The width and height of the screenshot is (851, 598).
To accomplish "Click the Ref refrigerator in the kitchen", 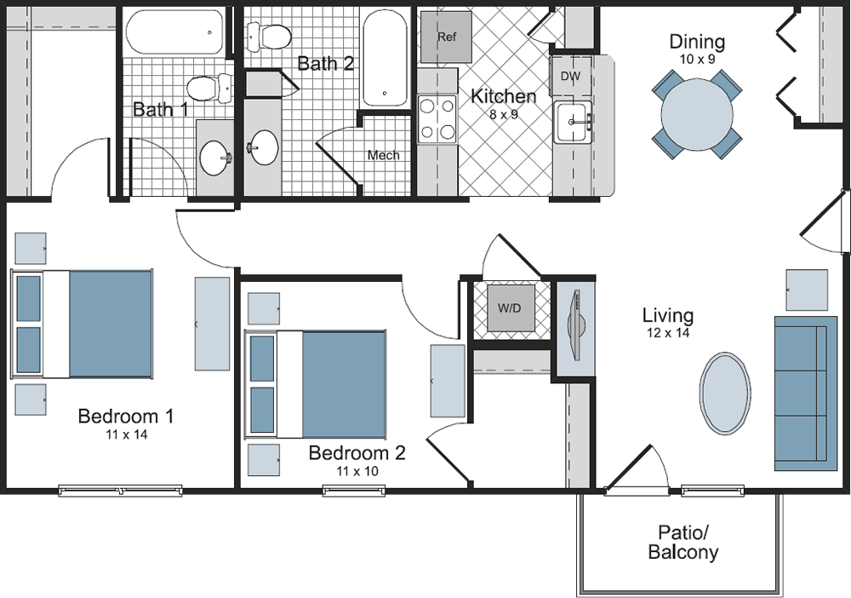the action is [447, 37].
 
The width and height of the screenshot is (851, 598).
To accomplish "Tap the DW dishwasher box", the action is [570, 77].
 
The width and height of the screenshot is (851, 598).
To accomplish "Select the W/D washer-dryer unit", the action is [510, 308].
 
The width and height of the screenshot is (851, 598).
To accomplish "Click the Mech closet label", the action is [383, 155].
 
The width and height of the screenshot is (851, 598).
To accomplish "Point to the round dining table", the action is [697, 114].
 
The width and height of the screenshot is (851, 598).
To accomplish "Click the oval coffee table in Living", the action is [726, 394].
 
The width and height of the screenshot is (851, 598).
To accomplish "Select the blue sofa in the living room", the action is [805, 394].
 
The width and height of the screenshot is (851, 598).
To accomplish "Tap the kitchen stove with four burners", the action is [437, 119].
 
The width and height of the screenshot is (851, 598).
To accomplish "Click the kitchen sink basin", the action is [572, 122].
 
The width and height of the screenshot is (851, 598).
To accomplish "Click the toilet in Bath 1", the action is [209, 89].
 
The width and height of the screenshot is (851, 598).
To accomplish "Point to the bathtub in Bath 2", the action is [385, 59].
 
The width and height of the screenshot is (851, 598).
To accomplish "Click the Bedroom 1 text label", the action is [126, 416].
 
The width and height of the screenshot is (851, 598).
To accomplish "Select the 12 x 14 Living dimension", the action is [668, 332].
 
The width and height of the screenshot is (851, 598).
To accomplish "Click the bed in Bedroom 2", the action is [316, 384].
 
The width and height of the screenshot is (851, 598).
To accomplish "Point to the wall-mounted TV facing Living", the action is [574, 325].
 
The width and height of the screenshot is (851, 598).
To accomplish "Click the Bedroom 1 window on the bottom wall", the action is [121, 491].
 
